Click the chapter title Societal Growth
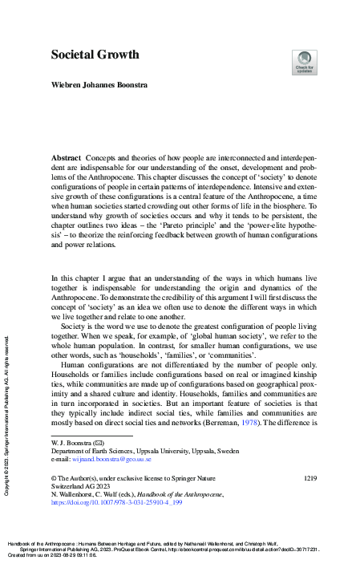[x=95, y=55]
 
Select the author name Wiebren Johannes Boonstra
[x=104, y=84]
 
